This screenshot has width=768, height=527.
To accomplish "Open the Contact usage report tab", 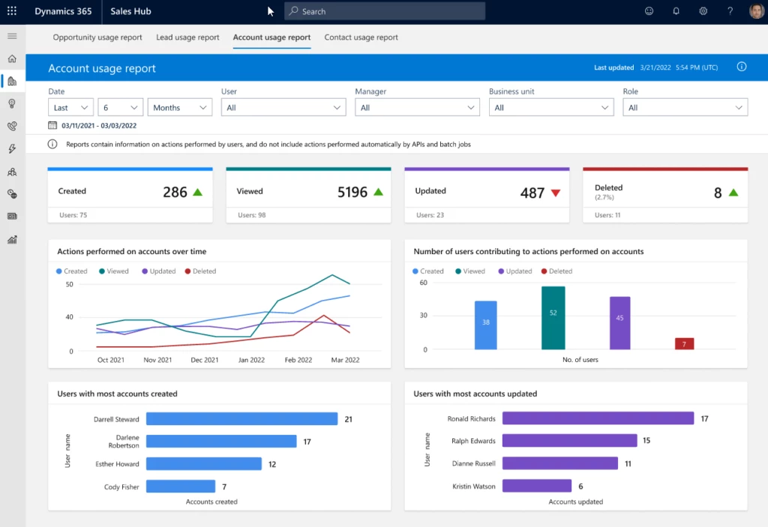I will point(361,37).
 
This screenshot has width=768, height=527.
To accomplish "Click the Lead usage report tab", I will point(187,37).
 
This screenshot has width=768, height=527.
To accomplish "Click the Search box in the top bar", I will point(385,11).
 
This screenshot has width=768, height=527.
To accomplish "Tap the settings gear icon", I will point(703,11).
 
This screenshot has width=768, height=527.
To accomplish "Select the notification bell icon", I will point(676,11).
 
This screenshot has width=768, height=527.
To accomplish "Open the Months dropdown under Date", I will point(180,108).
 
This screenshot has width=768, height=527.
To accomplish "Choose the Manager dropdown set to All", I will point(417,108).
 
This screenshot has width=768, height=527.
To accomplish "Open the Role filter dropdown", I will point(685,108).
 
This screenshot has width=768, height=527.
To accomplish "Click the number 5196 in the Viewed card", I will point(352,193).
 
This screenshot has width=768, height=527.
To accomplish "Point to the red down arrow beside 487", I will point(556,193).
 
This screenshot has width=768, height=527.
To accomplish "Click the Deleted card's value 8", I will point(718,193).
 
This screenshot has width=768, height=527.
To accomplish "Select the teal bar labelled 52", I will point(553,318).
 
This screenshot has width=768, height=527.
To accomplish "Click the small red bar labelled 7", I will point(684,344).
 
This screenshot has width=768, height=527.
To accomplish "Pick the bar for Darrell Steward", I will point(241,420).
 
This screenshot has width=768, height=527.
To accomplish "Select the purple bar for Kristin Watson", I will point(536,487).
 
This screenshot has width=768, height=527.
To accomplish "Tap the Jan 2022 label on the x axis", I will point(251,360).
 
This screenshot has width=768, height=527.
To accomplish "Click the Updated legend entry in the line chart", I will point(158,271).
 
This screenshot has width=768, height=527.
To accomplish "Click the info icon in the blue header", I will point(741,67).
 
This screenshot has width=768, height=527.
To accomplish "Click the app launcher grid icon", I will point(11,11).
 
